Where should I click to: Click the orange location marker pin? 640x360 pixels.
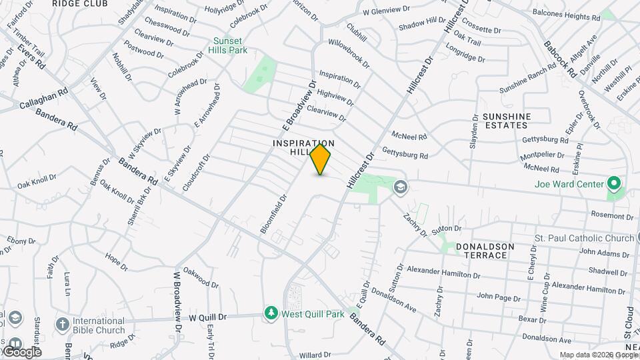pos(320,159)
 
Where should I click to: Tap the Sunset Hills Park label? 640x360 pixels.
pos(230,45)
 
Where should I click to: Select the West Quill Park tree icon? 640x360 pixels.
pos(271,313)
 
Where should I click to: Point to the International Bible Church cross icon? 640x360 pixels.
pos(61,325)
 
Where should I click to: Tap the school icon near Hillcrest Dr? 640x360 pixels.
pos(399,186)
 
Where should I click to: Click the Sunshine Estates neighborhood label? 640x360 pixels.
pos(507,120)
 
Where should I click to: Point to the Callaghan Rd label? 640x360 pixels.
pos(44,100)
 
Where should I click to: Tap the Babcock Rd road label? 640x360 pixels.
pos(559,58)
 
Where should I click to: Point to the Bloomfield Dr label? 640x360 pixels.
pos(273,213)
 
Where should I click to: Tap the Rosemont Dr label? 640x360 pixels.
pos(612,216)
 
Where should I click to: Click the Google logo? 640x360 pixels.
pos(21,351)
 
